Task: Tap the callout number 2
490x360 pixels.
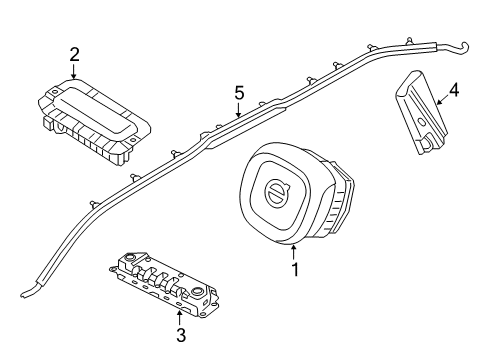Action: point(74,53)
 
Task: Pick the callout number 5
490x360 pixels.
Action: point(238,93)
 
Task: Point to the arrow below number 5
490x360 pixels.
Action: point(238,112)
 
